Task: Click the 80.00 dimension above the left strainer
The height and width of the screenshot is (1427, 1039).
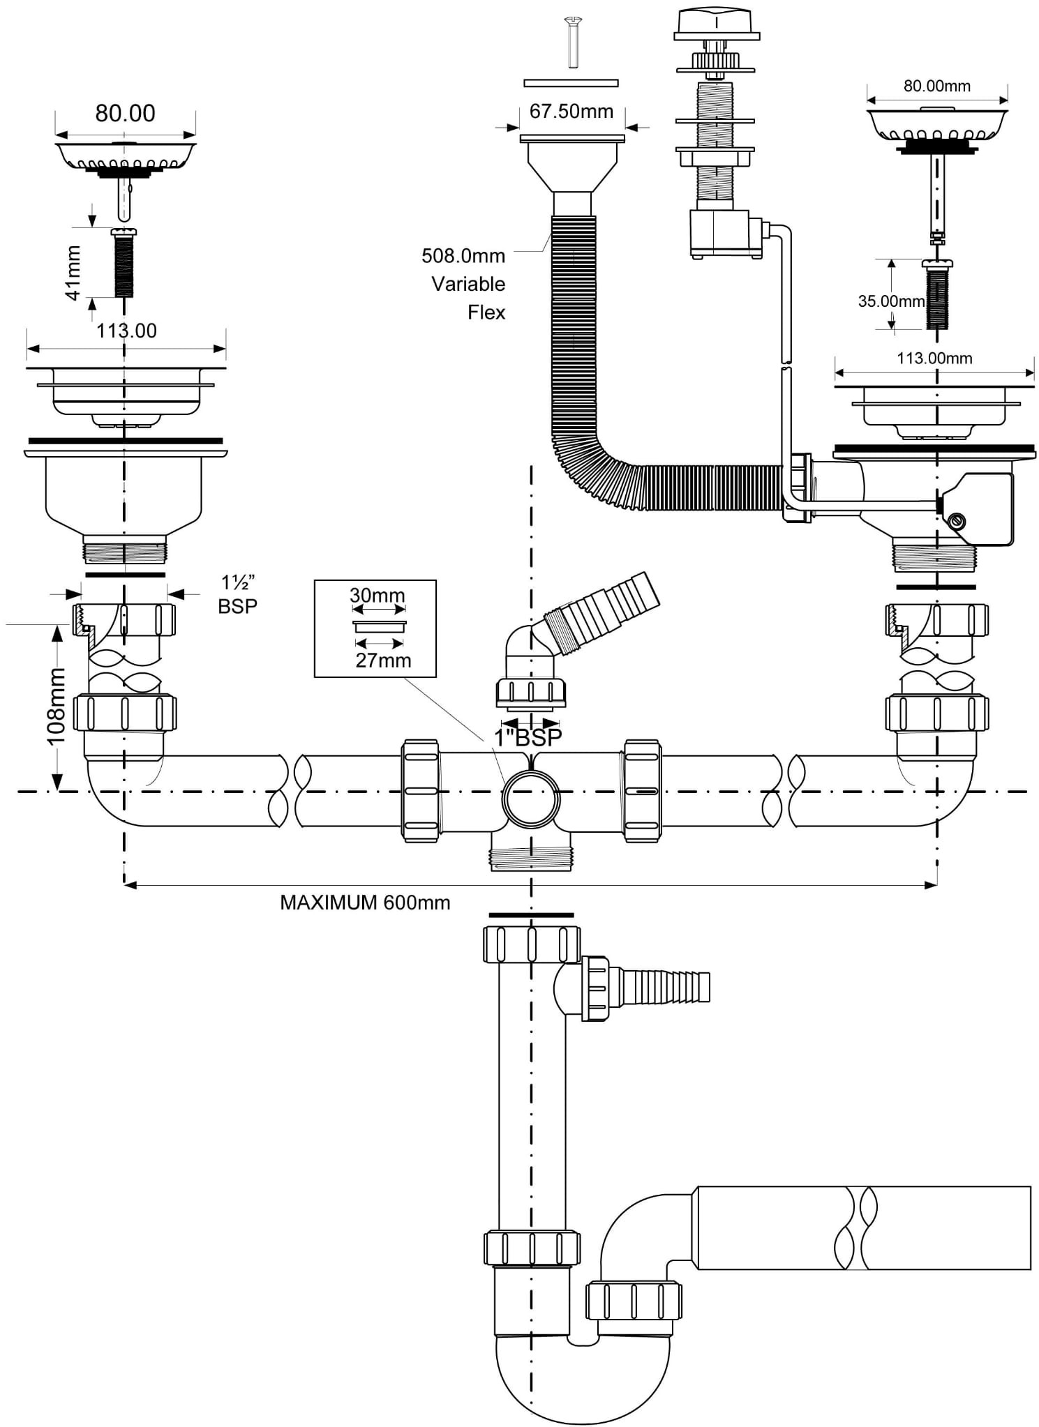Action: pos(125,113)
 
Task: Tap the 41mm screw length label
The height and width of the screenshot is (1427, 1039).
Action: pos(73,273)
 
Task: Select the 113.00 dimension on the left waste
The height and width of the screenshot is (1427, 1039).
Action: pos(126,331)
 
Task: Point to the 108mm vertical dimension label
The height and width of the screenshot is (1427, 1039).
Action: pos(56,706)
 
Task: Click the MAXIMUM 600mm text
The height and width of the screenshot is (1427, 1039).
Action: pos(365,903)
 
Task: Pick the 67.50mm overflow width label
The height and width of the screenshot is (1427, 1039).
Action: pos(571,112)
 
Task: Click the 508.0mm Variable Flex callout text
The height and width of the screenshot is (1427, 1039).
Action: pos(463,284)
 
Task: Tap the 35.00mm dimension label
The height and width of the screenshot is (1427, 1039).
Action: pos(891,301)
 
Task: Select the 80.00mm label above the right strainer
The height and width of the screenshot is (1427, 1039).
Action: pos(937,86)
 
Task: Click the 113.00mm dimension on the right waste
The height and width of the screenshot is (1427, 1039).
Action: pos(934,358)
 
